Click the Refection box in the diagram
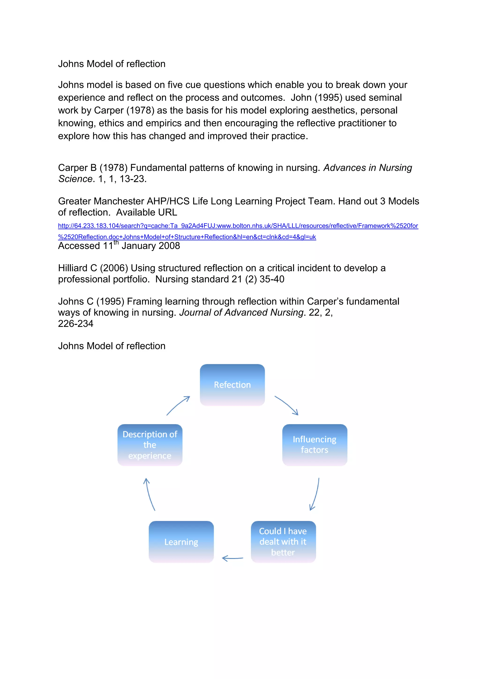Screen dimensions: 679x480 point(232,385)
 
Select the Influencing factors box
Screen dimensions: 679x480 point(315,445)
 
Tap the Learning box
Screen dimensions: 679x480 point(181,542)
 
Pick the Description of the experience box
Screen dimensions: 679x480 point(150,445)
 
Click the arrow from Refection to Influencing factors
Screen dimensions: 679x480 point(286,405)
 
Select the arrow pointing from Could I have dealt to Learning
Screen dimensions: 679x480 point(232,558)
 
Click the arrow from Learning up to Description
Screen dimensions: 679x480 point(149,495)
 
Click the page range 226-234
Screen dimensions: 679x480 point(76,324)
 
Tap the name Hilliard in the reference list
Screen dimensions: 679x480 point(73,268)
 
